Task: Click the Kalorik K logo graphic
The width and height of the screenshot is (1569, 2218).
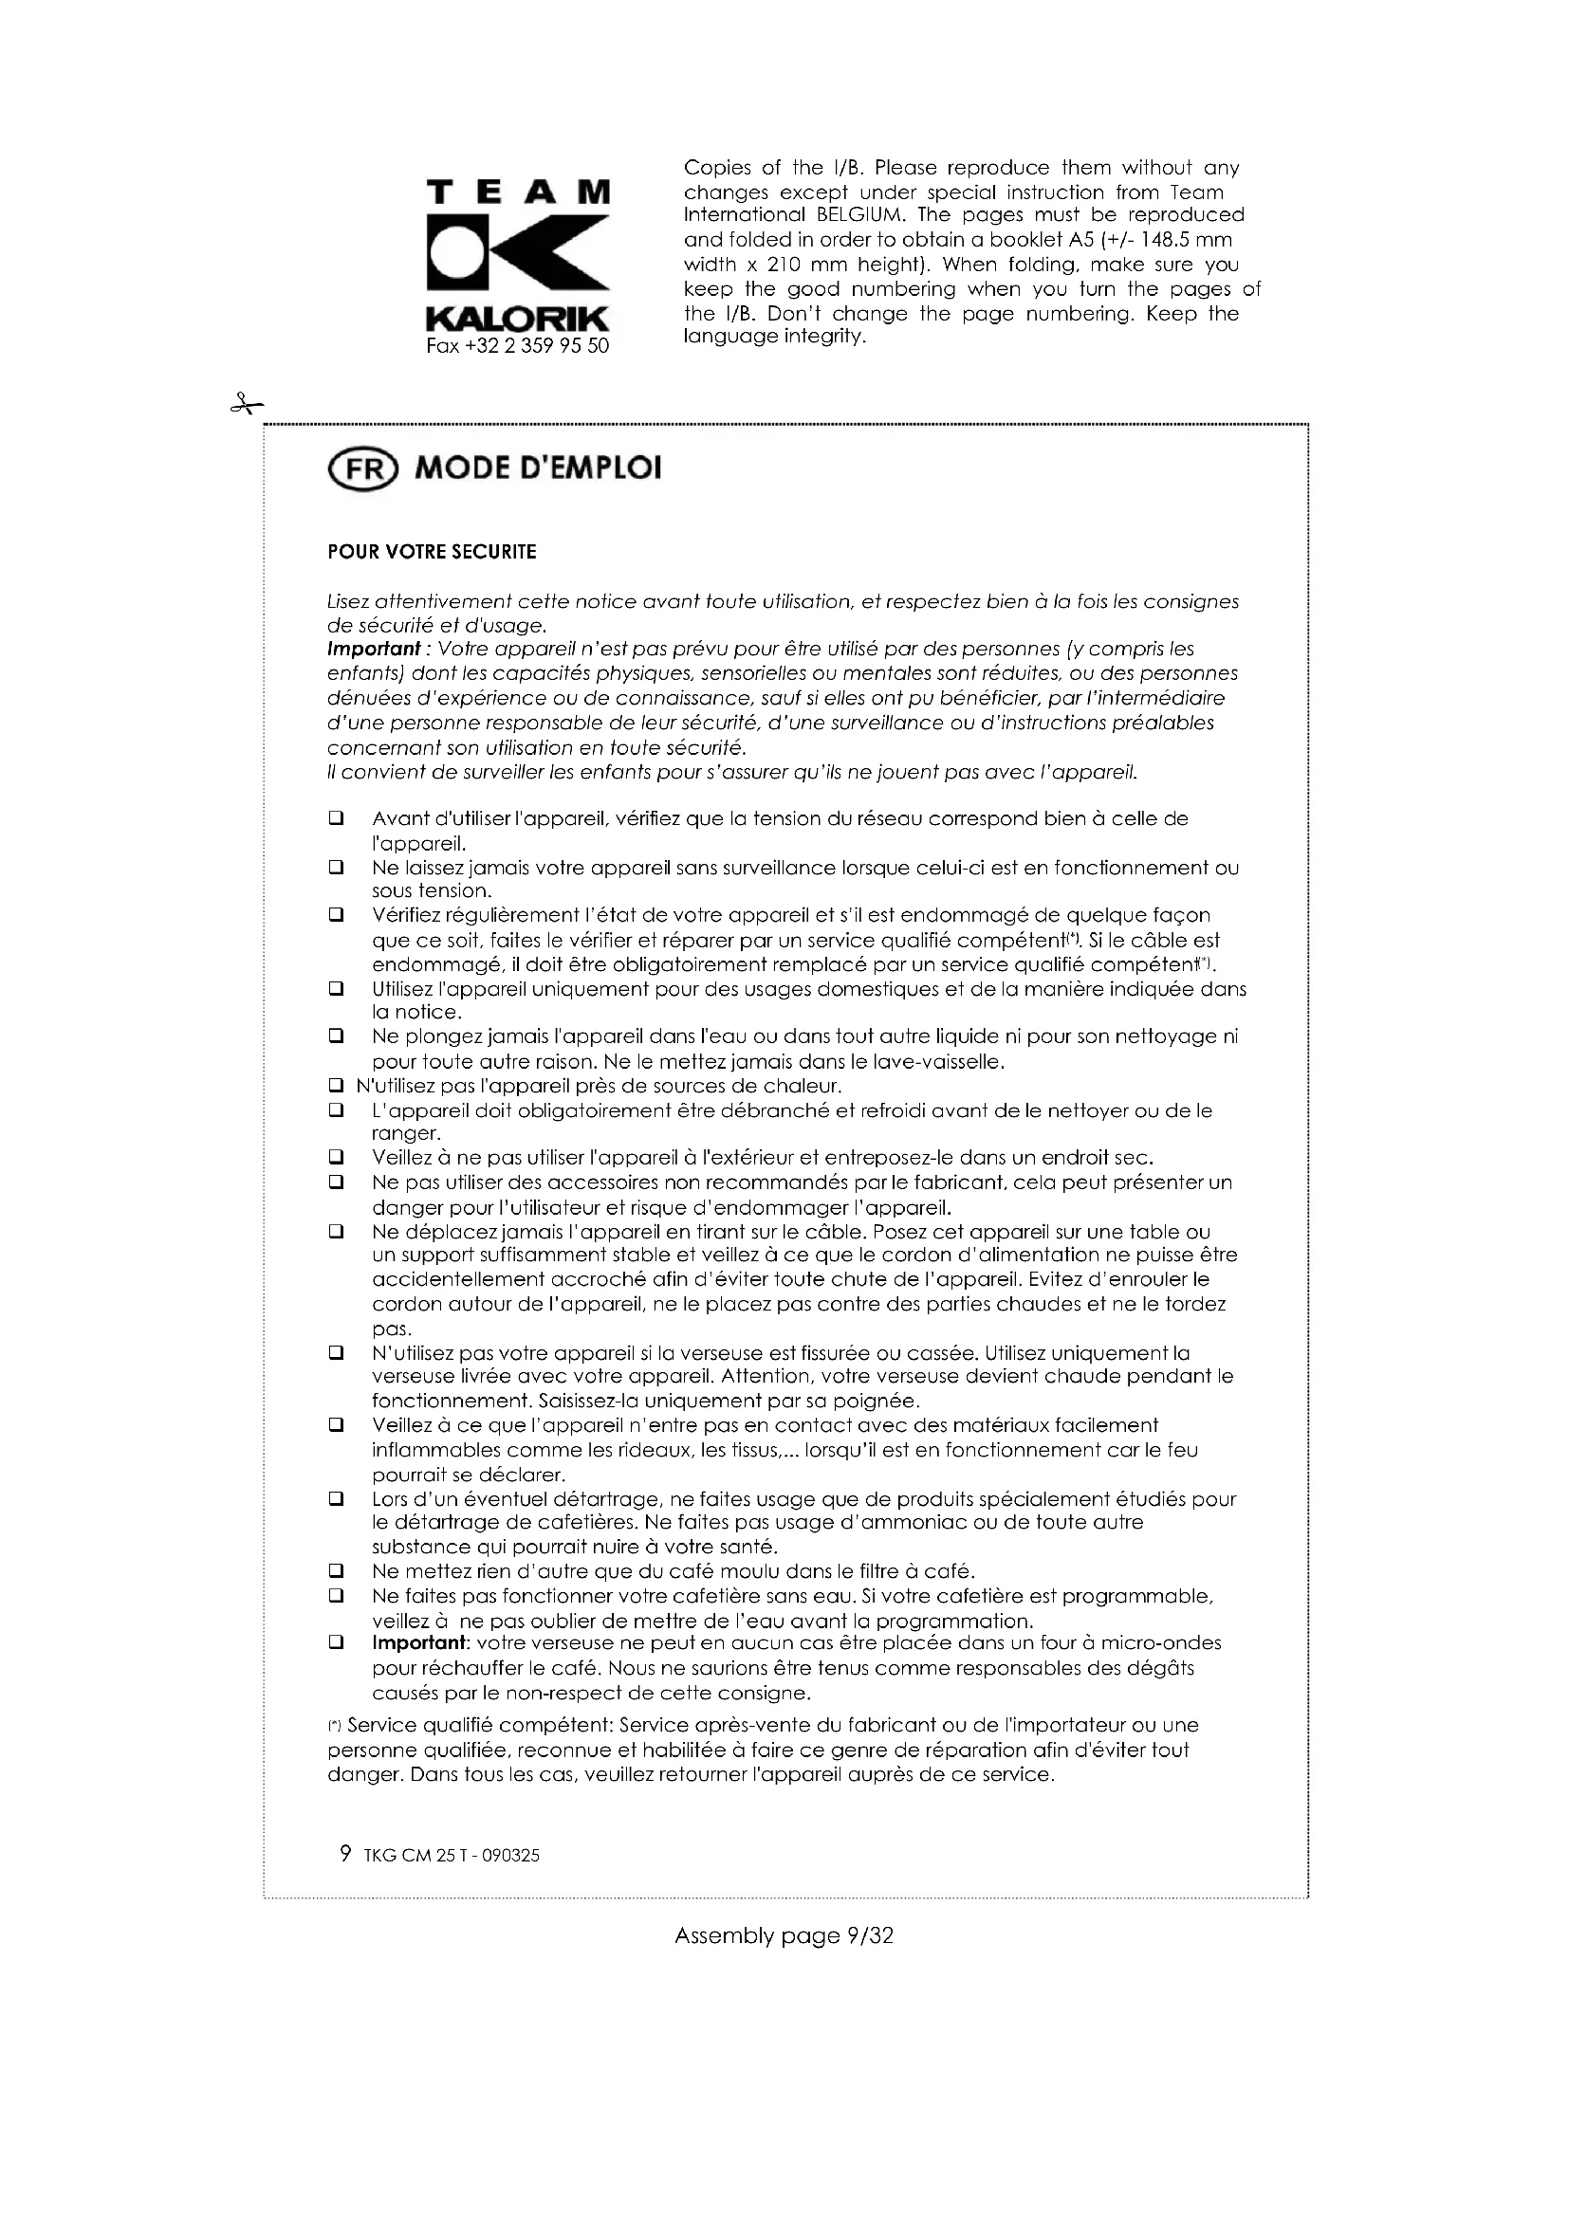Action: (x=518, y=253)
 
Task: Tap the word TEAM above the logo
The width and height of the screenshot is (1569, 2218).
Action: (x=518, y=192)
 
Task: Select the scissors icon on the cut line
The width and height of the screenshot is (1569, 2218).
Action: (x=247, y=405)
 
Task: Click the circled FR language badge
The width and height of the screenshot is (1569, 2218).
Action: (x=362, y=468)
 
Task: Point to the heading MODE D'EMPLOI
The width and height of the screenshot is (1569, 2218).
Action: (x=538, y=468)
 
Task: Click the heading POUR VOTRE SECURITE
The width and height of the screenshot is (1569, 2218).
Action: (x=431, y=553)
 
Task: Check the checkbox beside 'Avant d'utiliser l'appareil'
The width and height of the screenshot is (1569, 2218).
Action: (x=336, y=819)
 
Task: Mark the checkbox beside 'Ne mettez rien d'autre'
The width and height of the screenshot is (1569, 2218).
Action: (x=336, y=1571)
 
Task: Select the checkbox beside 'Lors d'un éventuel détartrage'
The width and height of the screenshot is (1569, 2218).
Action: (x=336, y=1499)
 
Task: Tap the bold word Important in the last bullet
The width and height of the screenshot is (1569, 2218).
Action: (x=419, y=1643)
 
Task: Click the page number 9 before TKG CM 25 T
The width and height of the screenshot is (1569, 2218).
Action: (x=345, y=1854)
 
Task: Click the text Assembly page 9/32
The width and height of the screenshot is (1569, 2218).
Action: (x=784, y=1936)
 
